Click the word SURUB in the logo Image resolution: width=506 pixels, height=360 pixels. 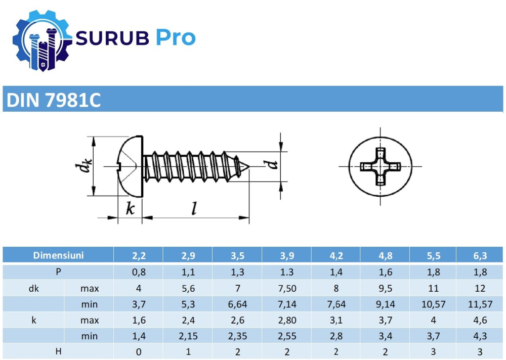coord(112,38)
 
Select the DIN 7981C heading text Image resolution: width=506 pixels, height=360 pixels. coord(53,101)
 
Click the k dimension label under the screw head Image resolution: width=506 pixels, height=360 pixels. coord(130,209)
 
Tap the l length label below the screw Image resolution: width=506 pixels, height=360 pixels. coord(193,209)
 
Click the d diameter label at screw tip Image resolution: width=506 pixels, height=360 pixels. coord(272,165)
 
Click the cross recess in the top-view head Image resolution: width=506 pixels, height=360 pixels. coord(380,166)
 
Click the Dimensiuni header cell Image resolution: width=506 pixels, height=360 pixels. coord(58,255)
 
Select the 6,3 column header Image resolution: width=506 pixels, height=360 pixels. coord(481,256)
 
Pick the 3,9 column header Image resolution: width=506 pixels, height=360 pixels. coord(286,256)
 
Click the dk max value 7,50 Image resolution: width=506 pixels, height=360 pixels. coord(286,288)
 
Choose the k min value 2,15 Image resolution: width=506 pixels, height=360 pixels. coord(188,336)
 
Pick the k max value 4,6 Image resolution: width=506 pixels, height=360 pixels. coord(481,320)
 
